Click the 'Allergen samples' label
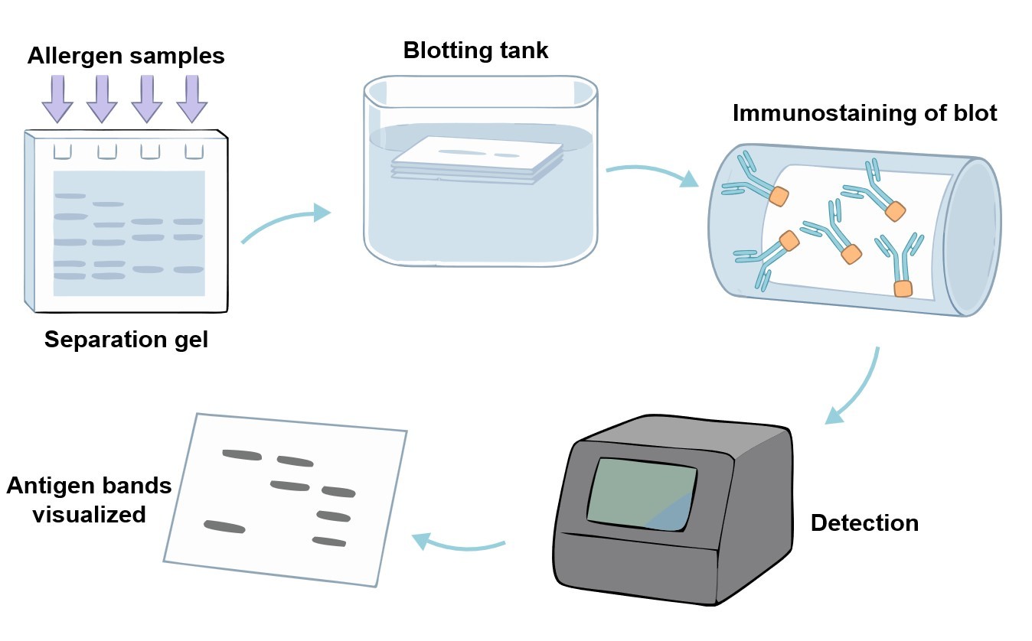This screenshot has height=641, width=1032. [x=126, y=56]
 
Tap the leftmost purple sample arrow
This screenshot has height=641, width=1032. [x=57, y=100]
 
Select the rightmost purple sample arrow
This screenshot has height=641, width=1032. [x=192, y=100]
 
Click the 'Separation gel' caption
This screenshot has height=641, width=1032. [x=126, y=340]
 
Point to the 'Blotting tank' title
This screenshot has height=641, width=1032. [x=475, y=50]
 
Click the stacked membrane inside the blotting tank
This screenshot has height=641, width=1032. [x=477, y=159]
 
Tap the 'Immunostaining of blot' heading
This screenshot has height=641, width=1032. [x=865, y=113]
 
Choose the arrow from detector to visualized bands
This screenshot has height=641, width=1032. [x=459, y=544]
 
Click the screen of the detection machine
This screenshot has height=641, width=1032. [x=642, y=493]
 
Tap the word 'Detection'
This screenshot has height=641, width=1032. [x=864, y=523]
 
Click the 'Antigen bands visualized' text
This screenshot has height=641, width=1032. [x=89, y=499]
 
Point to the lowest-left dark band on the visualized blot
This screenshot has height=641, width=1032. [x=224, y=526]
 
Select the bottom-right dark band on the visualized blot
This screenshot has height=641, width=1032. [x=329, y=542]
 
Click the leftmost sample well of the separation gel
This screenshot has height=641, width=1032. [x=62, y=151]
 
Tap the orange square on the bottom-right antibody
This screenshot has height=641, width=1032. [x=903, y=288]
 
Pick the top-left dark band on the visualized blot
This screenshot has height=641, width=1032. [x=242, y=454]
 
